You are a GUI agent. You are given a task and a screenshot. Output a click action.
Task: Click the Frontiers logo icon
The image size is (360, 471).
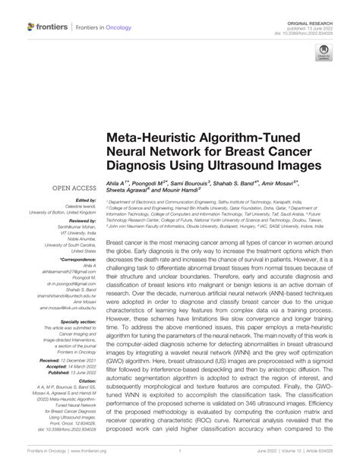point(31,27)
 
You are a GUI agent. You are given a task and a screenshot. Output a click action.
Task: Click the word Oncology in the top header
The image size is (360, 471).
point(125,27)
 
